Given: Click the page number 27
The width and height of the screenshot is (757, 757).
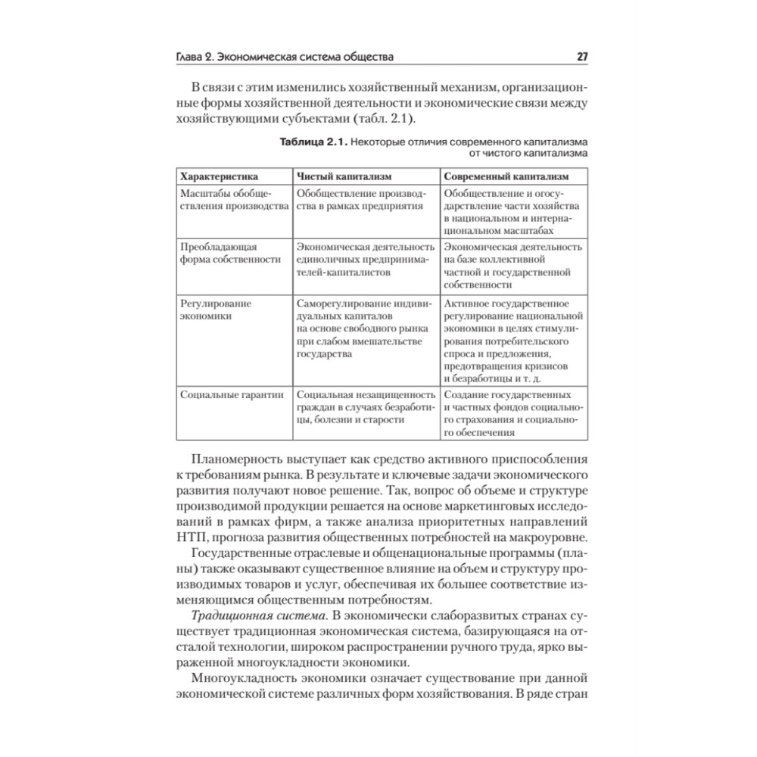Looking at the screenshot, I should (582, 57).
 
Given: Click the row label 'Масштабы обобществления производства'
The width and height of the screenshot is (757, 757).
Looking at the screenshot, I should (232, 200).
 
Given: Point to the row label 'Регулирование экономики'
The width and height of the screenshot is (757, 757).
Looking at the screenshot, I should (216, 310).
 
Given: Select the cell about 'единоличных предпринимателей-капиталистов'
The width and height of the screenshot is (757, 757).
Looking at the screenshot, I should (364, 259).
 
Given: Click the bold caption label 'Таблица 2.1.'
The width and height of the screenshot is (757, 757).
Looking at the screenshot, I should (318, 142).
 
